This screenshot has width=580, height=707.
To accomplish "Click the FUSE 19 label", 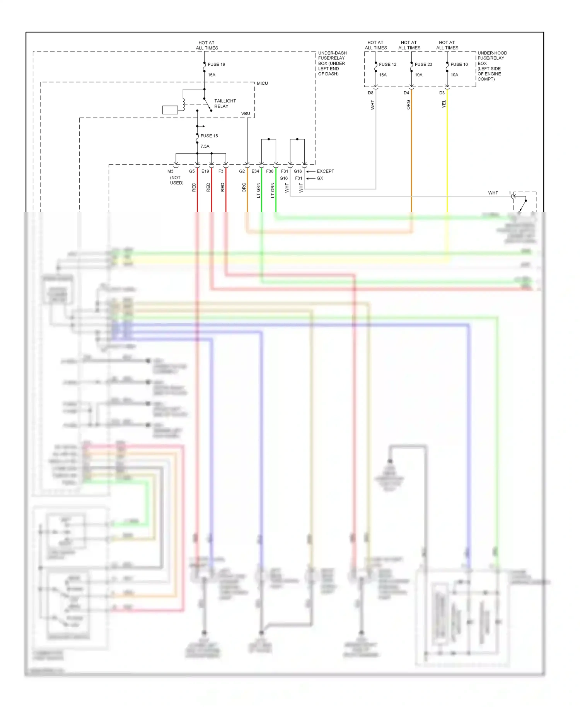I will pos(216,64).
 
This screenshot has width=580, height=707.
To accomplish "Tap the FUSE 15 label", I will pos(209,136).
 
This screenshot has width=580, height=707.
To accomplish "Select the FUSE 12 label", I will pos(387,64).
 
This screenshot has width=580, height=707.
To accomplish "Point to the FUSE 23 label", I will pos(423,64).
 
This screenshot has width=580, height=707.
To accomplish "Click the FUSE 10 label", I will pos(459,64).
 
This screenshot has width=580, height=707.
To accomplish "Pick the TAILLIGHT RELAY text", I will pos(225,103).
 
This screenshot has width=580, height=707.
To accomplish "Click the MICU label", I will pos(262,83).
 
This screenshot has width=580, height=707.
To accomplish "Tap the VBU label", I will pos(246,113).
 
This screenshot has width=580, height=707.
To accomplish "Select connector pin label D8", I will pos(370,93).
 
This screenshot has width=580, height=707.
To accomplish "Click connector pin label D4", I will pos(406,93).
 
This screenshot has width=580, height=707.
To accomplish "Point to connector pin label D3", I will pos(442,93).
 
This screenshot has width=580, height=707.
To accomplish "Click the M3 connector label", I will pos(170,171).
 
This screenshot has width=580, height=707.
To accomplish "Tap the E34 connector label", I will pos(255,171).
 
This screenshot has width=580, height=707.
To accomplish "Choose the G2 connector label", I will pos(242,171).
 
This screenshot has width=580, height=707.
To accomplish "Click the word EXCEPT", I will pos(325,171).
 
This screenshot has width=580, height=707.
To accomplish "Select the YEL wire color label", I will pos(444,104).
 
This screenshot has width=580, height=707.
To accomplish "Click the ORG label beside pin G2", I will pos(244,187).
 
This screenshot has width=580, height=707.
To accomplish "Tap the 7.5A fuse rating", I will pos(205,146).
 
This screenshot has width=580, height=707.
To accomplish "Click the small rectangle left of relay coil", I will pos(170,110).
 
